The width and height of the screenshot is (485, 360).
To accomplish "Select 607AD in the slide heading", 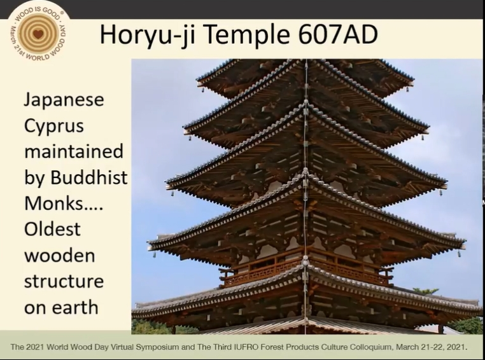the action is pos(338,34).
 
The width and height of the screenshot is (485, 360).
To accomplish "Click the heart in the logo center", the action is pos(38,34).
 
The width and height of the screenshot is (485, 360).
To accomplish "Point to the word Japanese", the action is pos(64,100).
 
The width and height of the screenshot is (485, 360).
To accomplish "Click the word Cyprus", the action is pos(54,127).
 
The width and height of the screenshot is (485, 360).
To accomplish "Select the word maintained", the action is pos(74,151).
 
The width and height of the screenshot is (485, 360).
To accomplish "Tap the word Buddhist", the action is pos(88,177).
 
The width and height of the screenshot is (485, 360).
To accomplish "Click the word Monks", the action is pos(54,203).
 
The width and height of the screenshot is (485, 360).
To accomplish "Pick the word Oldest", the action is pos(52,229).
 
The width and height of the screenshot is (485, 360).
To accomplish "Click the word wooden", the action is pos(59,255).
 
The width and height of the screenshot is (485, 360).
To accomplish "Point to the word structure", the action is pos(64,281).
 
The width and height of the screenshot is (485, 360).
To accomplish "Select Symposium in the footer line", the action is pos(157,347).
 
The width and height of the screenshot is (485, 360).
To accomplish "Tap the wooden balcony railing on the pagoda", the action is pos(306,269).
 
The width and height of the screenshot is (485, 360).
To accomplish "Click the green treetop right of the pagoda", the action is pos(426,291).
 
